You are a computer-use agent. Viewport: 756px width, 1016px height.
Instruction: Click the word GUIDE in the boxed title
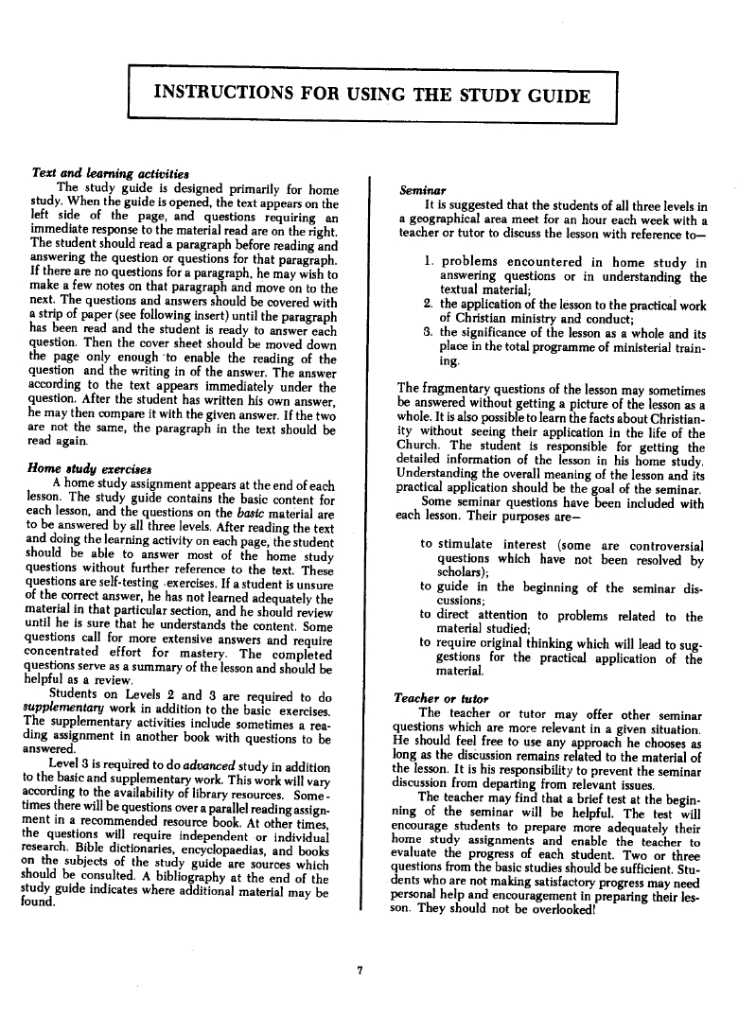click(554, 96)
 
